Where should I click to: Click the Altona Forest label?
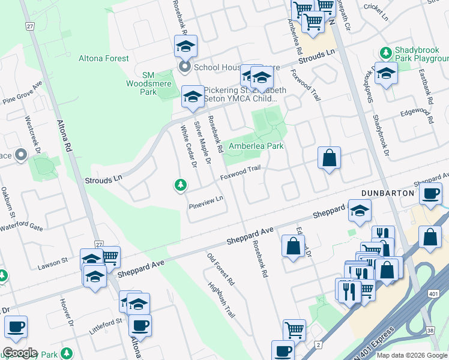pyautogui.click(x=103, y=58)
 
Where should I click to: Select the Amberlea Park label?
pyautogui.click(x=255, y=146)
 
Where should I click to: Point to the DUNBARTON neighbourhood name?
pyautogui.click(x=388, y=193)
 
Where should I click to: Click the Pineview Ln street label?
pyautogui.click(x=206, y=202)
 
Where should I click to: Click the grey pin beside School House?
pyautogui.click(x=185, y=67)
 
